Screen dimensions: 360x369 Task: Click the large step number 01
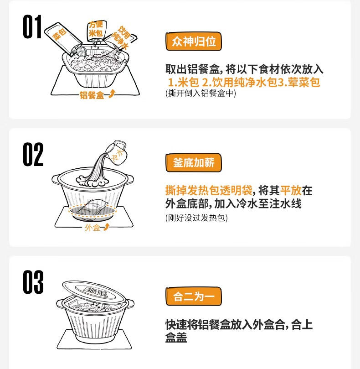[x=32, y=26]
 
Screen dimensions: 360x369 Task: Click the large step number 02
[x=33, y=154]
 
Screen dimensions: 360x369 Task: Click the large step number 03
[x=33, y=282]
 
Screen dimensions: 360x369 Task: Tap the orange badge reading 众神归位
[x=194, y=42]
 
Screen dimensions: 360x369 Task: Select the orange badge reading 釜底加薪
[x=194, y=163]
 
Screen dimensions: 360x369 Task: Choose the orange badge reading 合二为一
[x=194, y=296]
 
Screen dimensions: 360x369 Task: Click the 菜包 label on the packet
[x=59, y=34]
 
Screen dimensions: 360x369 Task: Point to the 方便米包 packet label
[x=96, y=29]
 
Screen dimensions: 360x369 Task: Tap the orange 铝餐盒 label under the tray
[x=92, y=95]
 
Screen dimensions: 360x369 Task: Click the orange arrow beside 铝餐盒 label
[x=112, y=94]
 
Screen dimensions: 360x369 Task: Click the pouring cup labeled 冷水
[x=117, y=152]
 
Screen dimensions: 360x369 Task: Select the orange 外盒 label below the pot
[x=93, y=228]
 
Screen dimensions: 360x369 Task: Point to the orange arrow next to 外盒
[x=106, y=227]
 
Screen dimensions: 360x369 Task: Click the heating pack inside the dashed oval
[x=92, y=209]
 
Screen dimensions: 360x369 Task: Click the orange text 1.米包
[x=183, y=82]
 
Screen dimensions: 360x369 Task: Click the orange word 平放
[x=291, y=190]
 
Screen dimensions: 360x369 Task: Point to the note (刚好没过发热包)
[x=196, y=218]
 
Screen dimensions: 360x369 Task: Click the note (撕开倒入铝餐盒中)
[x=201, y=93]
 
